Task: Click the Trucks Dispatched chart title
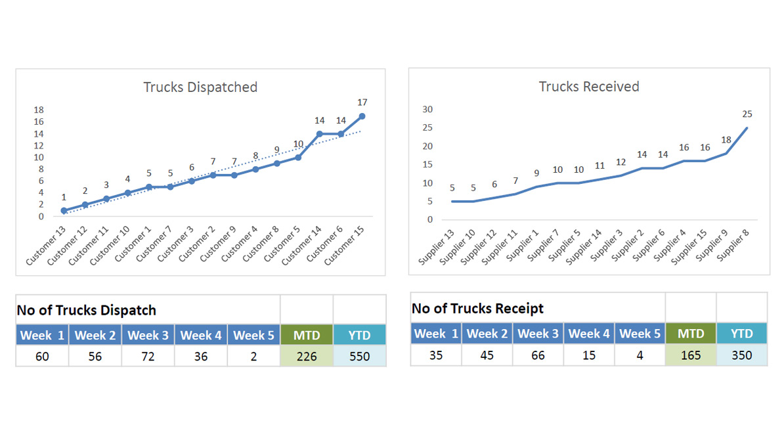(x=200, y=87)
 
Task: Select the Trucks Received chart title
(x=589, y=87)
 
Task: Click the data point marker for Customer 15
(x=362, y=116)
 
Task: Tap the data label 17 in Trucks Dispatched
(x=362, y=102)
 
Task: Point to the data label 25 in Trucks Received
(x=747, y=114)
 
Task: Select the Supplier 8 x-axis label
(x=734, y=244)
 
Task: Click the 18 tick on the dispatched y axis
(x=39, y=110)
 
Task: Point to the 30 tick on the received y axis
(x=428, y=110)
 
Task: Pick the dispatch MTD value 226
(x=306, y=357)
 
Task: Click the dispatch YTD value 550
(x=359, y=357)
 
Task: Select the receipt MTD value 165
(x=691, y=355)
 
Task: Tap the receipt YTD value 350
(x=742, y=355)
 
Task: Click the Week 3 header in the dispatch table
(x=148, y=336)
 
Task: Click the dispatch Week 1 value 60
(x=42, y=357)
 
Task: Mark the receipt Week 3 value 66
(x=538, y=355)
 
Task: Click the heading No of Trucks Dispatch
(x=86, y=310)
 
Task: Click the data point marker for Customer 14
(x=320, y=134)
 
